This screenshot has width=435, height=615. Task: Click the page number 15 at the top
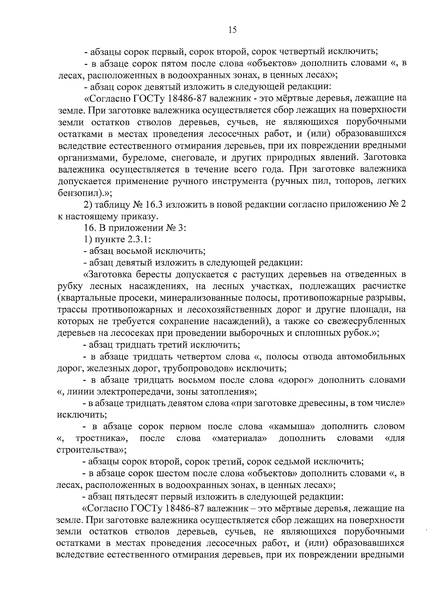coord(232,30)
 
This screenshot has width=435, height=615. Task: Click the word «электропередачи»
coord(140,392)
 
